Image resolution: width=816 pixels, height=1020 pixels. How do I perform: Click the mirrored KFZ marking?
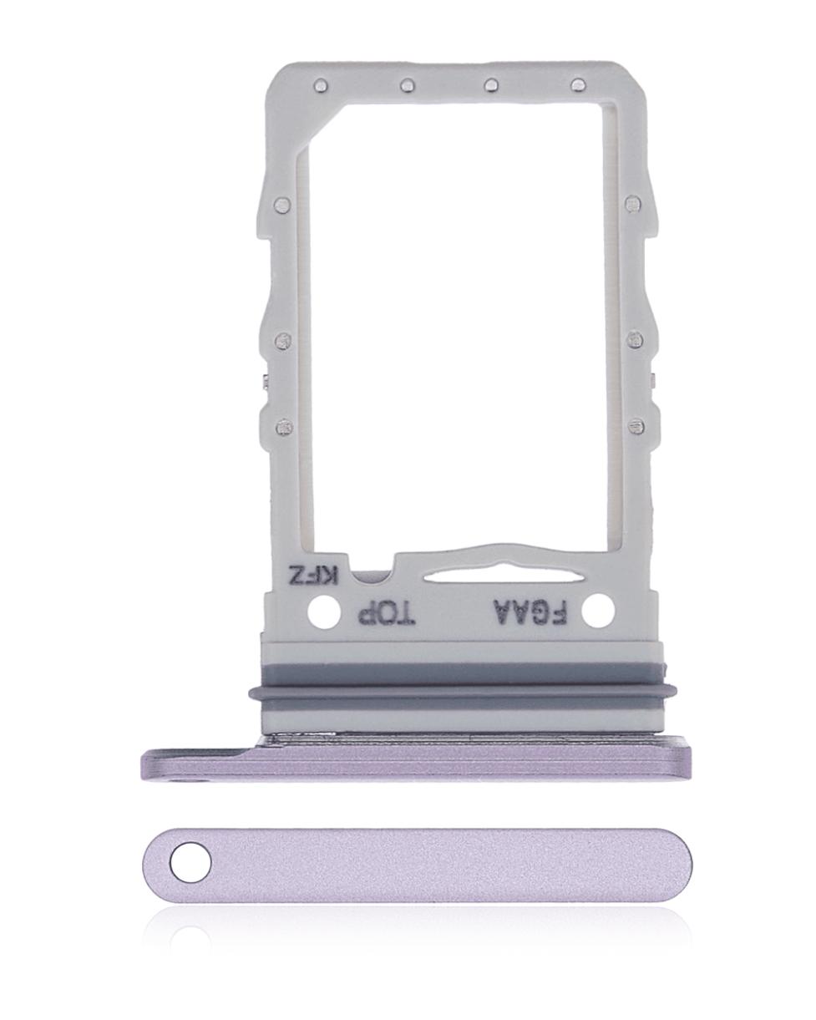pyautogui.click(x=312, y=576)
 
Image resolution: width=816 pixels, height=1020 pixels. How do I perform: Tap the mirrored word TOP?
pyautogui.click(x=386, y=615)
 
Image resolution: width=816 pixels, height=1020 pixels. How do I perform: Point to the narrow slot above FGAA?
pyautogui.click(x=469, y=575)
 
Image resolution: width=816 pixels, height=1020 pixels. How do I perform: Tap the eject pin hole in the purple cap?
pyautogui.click(x=191, y=863)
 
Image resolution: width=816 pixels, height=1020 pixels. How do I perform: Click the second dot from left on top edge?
pyautogui.click(x=407, y=85)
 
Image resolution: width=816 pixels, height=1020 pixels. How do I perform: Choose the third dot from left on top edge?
pyautogui.click(x=491, y=85)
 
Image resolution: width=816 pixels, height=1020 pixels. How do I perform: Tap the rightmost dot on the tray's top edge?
pyautogui.click(x=576, y=85)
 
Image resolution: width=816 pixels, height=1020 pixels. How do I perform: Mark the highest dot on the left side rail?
pyautogui.click(x=281, y=204)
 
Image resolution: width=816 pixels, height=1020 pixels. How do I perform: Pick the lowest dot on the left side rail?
pyautogui.click(x=283, y=427)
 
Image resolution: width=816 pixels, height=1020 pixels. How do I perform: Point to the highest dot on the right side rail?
pyautogui.click(x=633, y=204)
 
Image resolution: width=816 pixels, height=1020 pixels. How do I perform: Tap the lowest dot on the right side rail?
pyautogui.click(x=637, y=427)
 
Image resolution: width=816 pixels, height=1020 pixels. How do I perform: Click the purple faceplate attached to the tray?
pyautogui.click(x=418, y=762)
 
